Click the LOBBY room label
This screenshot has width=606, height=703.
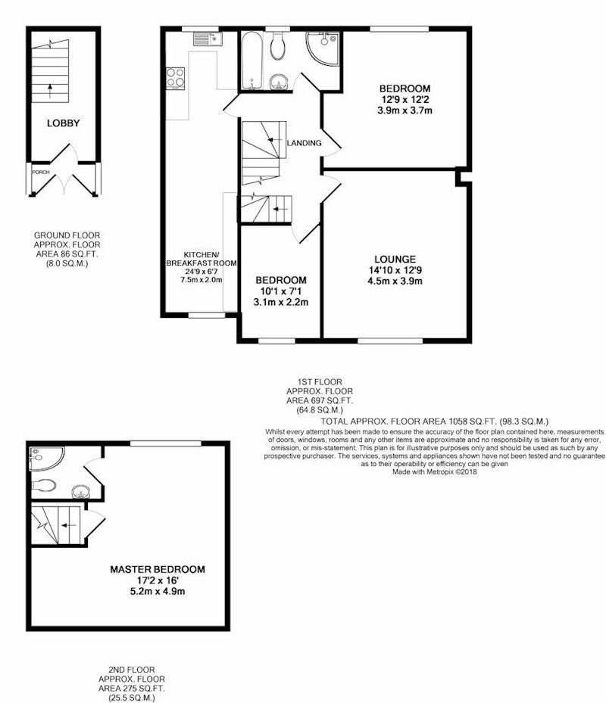[x=64, y=123]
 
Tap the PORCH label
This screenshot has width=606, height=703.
[x=40, y=173]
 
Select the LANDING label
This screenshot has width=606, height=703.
[x=305, y=143]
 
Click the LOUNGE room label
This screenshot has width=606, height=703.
[x=395, y=259]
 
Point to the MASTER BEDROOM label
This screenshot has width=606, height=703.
[x=158, y=569]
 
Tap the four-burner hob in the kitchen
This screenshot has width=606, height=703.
[x=175, y=78]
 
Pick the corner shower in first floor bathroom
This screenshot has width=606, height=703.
[x=322, y=48]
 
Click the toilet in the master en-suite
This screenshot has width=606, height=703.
[x=43, y=485]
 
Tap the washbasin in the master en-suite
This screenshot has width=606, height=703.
[x=80, y=492]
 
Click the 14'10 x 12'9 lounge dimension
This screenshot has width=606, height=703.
[x=395, y=270]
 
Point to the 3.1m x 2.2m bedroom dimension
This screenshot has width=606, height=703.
[x=281, y=302]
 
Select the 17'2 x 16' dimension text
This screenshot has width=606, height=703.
[x=158, y=580]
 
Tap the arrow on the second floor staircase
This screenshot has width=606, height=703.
[x=69, y=525]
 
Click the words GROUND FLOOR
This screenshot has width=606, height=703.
[x=67, y=235]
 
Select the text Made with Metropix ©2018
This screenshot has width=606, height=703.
[x=435, y=472]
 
